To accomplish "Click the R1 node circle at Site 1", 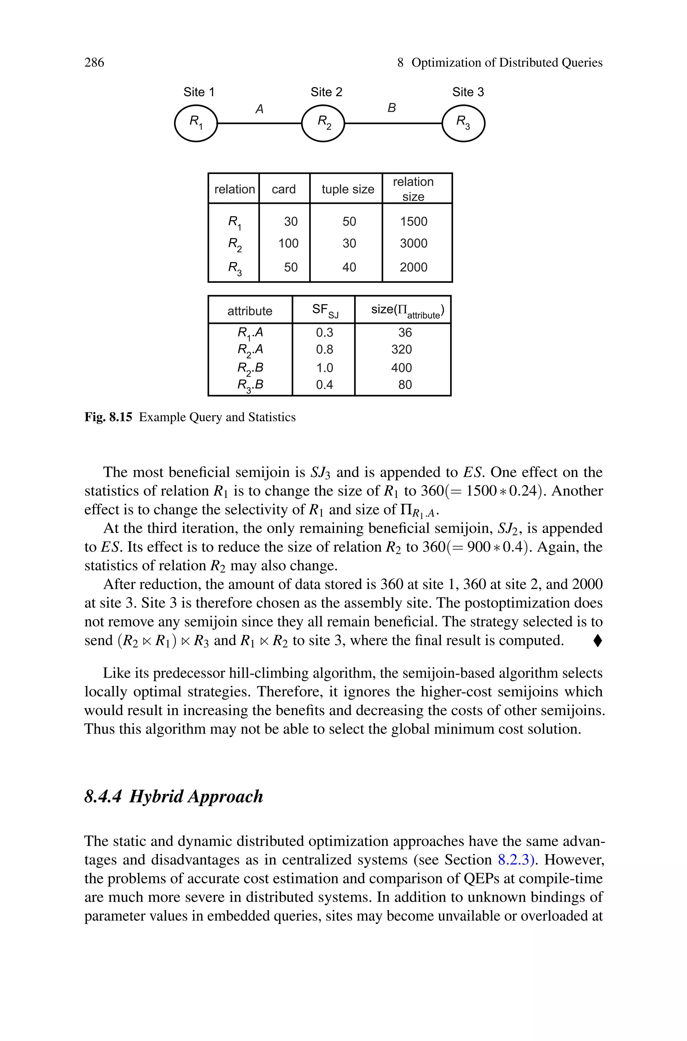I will [x=196, y=123].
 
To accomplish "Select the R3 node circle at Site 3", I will [x=463, y=123].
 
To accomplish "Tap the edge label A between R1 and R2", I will [x=259, y=109].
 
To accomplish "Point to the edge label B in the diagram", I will [x=392, y=108].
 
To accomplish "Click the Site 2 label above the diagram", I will [x=326, y=92].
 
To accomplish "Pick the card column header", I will [x=283, y=189].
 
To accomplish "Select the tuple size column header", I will [x=348, y=189].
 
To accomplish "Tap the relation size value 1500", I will [x=413, y=222].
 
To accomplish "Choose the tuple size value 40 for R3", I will [x=349, y=267].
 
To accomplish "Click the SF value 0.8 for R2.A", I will [x=324, y=349].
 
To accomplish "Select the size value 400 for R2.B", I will [x=401, y=368].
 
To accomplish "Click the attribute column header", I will [x=250, y=311].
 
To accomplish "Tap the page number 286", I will [x=94, y=63].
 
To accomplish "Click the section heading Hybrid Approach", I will [x=196, y=796].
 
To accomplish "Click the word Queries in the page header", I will [x=582, y=63].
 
